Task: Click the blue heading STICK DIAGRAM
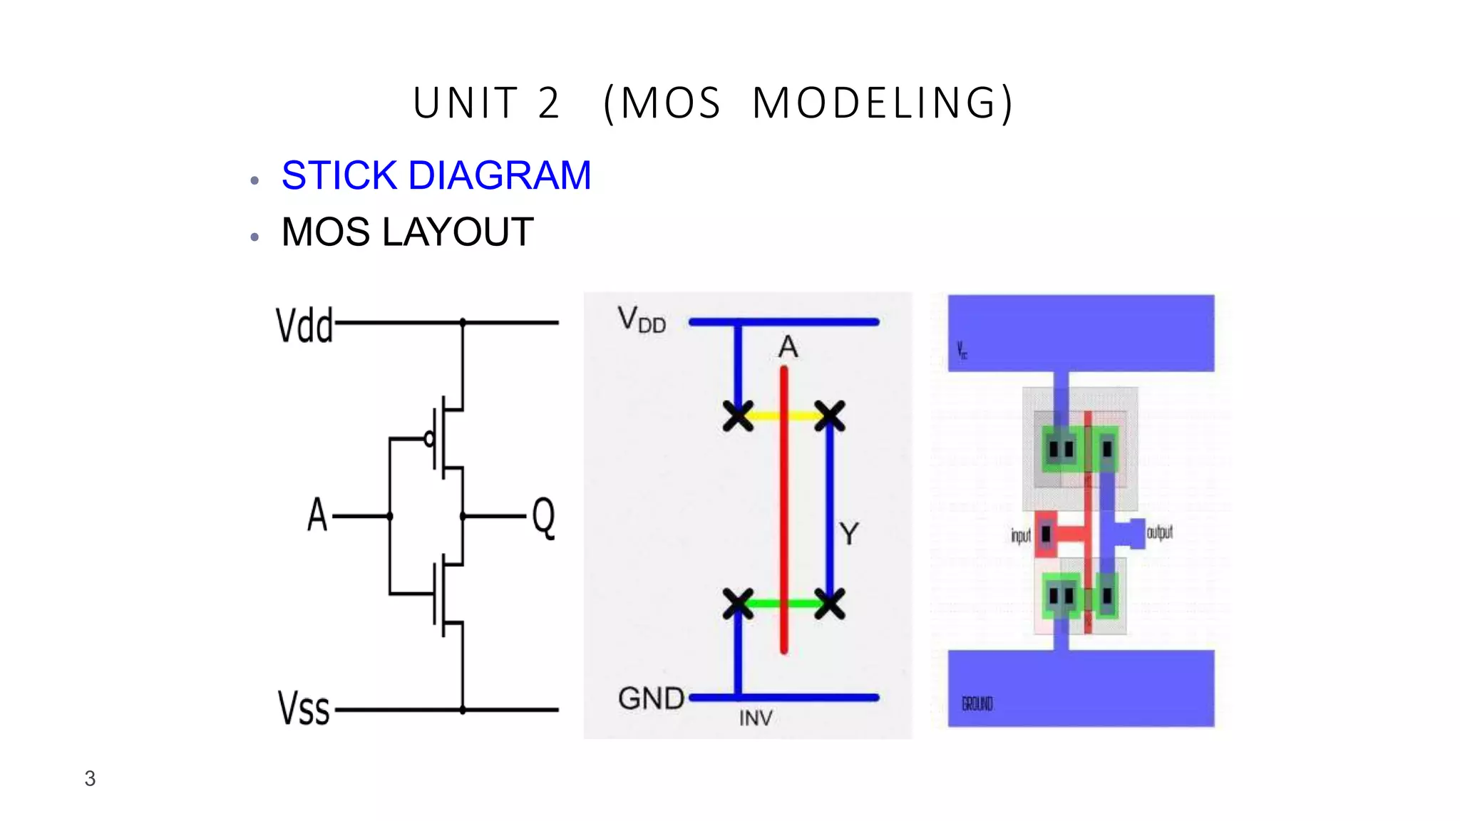pos(436,175)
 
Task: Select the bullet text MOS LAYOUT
pos(407,232)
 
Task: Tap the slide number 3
pos(90,778)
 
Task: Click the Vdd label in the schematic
pos(304,326)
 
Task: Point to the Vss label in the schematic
pos(304,708)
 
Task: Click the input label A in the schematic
pos(317,515)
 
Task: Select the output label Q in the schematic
pos(543,517)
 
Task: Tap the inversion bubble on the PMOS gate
pos(429,439)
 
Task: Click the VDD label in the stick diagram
pos(642,320)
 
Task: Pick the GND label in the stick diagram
pos(651,698)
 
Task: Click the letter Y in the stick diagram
pos(848,533)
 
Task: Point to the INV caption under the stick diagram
pos(756,718)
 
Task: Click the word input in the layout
pos(1020,535)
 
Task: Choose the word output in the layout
pos(1159,532)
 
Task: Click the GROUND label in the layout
pos(977,704)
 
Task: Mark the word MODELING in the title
pos(883,103)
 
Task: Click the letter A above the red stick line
pos(788,347)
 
